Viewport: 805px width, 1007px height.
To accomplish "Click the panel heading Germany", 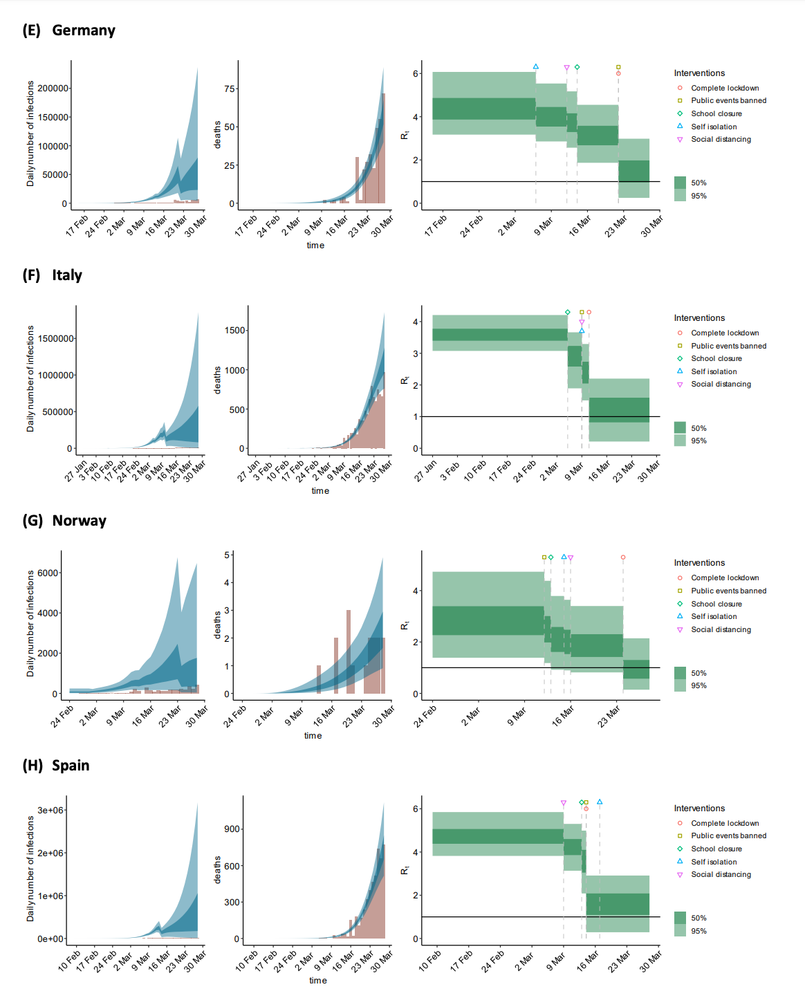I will (x=83, y=30).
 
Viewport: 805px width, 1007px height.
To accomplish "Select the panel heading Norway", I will (x=79, y=521).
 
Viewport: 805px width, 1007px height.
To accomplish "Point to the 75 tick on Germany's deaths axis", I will (x=230, y=89).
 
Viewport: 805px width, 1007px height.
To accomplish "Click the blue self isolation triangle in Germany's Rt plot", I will (x=536, y=67).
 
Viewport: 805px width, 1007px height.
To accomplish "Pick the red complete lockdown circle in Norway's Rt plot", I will (x=623, y=557).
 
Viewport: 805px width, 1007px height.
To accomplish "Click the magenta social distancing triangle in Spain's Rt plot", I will (x=564, y=803).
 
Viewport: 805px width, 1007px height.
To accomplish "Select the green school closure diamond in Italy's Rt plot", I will (x=568, y=313).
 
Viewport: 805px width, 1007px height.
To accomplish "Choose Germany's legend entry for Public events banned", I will (x=728, y=101).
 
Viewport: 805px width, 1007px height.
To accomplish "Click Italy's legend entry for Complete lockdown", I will (x=725, y=333).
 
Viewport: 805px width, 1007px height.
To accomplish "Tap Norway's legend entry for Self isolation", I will (x=714, y=617).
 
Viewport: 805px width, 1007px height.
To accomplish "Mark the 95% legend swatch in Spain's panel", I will (x=681, y=931).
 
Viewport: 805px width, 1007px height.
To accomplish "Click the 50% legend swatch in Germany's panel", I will (x=681, y=183).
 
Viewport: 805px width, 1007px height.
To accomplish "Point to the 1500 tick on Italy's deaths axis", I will (x=235, y=331).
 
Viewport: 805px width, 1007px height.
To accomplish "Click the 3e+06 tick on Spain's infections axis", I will (x=50, y=810).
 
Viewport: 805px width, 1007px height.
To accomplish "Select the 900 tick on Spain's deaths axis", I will (x=232, y=829).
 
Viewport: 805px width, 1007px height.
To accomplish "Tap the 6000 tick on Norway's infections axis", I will (x=48, y=573).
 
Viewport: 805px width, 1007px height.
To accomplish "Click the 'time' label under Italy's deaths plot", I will (x=320, y=491).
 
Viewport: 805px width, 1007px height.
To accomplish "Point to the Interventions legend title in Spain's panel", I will (x=699, y=809).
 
